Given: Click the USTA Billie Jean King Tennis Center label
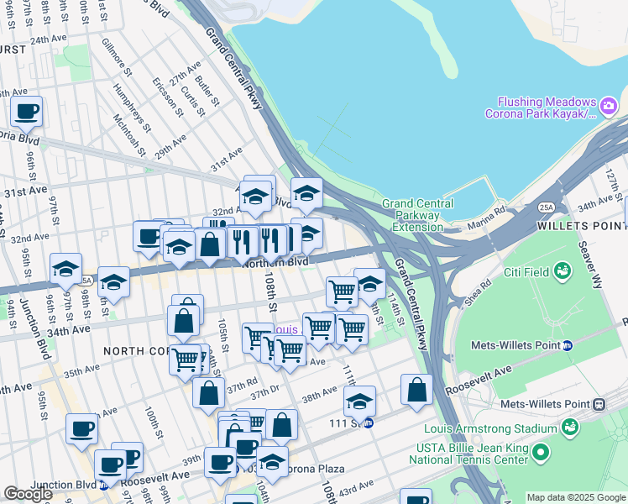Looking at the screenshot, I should pos(470,454).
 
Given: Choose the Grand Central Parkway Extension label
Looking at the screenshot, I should pos(417,215).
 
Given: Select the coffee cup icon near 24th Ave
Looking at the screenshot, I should pos(27,111).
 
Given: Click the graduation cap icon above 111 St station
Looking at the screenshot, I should pos(359,401).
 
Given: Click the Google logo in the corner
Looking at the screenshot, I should pos(28,494).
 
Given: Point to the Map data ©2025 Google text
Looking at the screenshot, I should pos(575,497).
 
